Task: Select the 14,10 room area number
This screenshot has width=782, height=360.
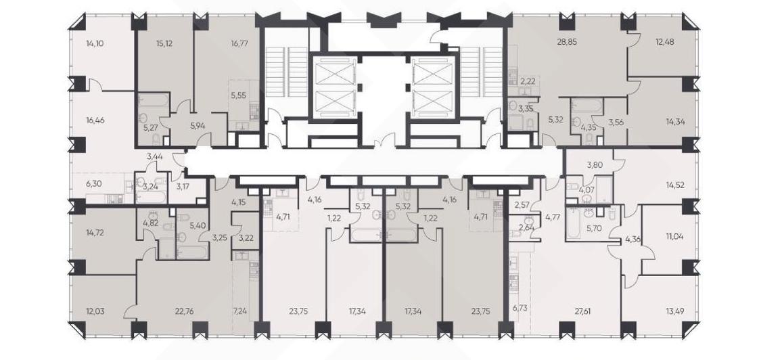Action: pos(94,43)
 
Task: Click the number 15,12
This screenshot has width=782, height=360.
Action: pos(164,43)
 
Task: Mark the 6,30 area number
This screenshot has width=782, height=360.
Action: pos(93,183)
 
